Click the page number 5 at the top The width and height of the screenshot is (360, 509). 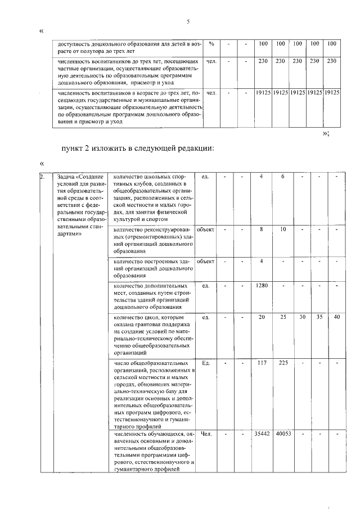click(188, 22)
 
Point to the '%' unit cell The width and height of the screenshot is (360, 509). click(211, 44)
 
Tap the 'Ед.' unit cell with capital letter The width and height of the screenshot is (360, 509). click(206, 363)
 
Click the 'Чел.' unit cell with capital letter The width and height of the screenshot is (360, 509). click(206, 434)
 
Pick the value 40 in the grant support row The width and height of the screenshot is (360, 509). click(336, 317)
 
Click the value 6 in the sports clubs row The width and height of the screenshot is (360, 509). click(283, 177)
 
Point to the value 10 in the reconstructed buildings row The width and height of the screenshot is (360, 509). click(283, 229)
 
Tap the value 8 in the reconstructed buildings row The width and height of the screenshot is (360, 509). click(262, 229)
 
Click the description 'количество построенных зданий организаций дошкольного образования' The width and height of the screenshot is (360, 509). click(151, 269)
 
